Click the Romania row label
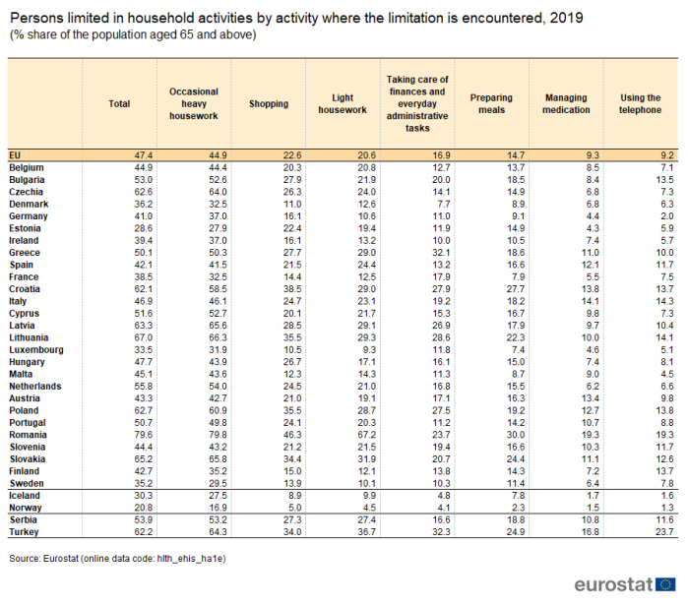tap(29, 435)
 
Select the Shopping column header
tap(269, 104)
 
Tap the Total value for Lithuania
tap(144, 337)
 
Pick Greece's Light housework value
tap(366, 253)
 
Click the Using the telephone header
tap(640, 104)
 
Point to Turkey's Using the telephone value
tap(664, 531)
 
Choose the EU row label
tap(15, 155)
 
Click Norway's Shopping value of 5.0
tap(295, 508)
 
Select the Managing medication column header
tap(566, 104)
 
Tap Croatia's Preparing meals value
tap(516, 289)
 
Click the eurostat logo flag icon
tap(665, 584)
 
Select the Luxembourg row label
tap(36, 350)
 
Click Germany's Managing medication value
tap(593, 216)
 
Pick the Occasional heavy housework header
tap(194, 104)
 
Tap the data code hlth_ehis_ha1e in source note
tap(191, 559)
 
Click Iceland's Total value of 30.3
tap(144, 495)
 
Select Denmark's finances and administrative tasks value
tap(443, 205)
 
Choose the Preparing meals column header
tap(491, 104)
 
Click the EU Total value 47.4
tap(144, 155)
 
